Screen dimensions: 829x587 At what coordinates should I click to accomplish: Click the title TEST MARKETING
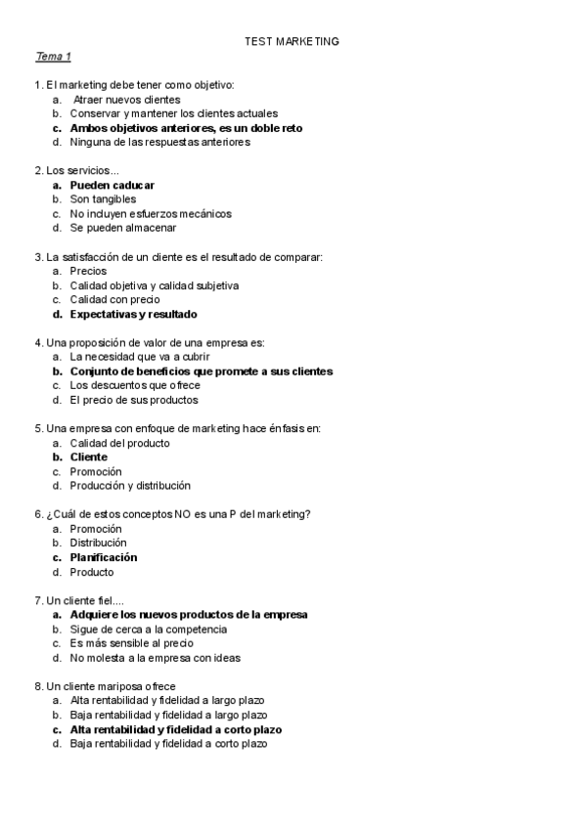293,42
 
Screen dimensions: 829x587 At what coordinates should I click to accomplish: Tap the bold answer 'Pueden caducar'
112,185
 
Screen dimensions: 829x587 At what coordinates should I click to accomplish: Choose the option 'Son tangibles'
103,199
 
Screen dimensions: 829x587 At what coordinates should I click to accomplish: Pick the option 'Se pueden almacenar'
123,228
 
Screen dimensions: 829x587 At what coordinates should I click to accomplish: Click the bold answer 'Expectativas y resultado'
133,314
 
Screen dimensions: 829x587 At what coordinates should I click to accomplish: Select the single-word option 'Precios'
88,271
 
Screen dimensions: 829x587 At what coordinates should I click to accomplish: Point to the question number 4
37,342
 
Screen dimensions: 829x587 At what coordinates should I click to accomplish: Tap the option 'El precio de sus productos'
134,399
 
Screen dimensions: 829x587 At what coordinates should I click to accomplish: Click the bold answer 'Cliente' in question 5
88,457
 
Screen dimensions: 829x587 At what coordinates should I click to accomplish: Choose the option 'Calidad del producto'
119,443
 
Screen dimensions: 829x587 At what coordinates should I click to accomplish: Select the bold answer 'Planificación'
104,557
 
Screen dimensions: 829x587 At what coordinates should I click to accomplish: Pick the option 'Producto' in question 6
92,572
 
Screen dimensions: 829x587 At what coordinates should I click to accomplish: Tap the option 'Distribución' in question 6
98,543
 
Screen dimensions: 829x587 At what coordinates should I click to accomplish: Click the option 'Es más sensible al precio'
132,643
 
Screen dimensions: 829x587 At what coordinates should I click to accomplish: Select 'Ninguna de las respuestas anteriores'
159,142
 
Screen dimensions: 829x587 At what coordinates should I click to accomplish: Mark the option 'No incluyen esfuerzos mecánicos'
151,213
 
